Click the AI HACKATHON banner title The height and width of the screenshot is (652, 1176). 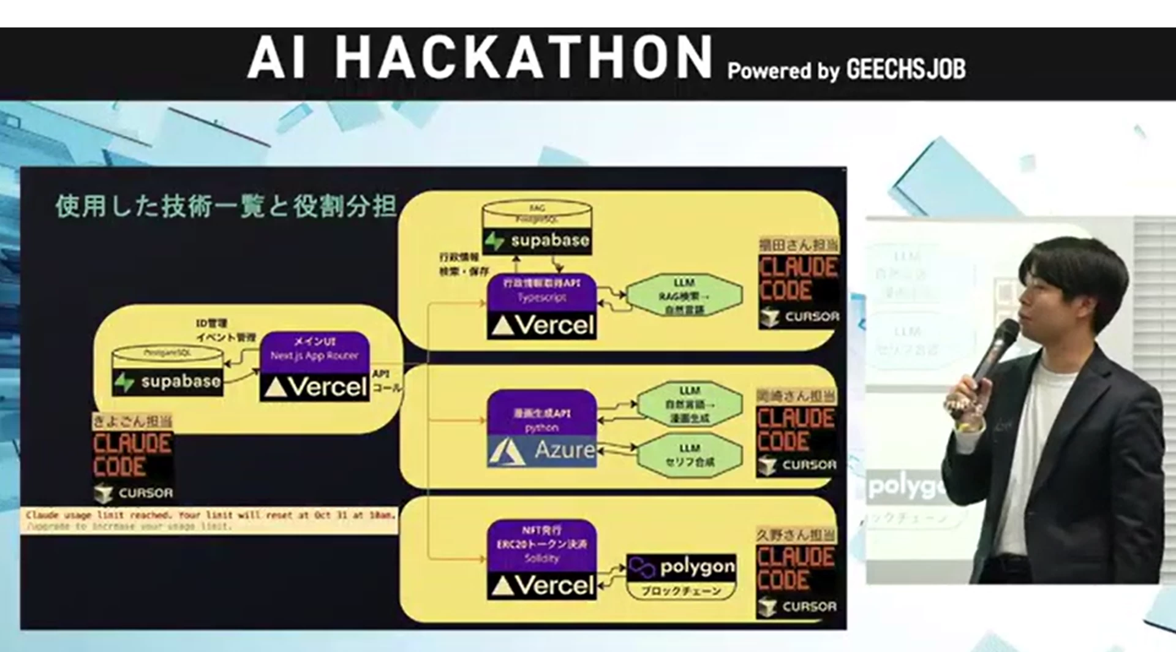pos(479,57)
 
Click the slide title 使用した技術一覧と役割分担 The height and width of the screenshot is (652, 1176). pos(225,207)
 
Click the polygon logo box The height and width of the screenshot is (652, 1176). pos(682,567)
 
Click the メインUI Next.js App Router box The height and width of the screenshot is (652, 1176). pos(314,349)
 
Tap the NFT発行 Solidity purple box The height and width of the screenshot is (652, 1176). pos(541,543)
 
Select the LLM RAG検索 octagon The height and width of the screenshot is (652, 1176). pos(684,296)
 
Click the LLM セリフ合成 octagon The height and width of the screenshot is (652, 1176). pos(689,455)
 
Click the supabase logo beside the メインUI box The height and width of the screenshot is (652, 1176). pos(168,382)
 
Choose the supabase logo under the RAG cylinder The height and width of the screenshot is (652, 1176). pos(537,241)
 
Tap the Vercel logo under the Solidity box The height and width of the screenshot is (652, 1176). pos(542,586)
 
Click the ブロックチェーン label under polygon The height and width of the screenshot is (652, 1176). pos(680,591)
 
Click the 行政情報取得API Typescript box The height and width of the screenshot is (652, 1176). pos(541,290)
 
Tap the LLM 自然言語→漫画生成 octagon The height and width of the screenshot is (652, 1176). pos(689,404)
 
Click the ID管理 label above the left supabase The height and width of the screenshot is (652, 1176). pos(211,323)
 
